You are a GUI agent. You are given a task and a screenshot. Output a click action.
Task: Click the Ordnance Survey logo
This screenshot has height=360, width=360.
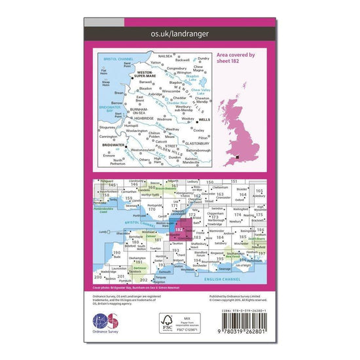point(105,325)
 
